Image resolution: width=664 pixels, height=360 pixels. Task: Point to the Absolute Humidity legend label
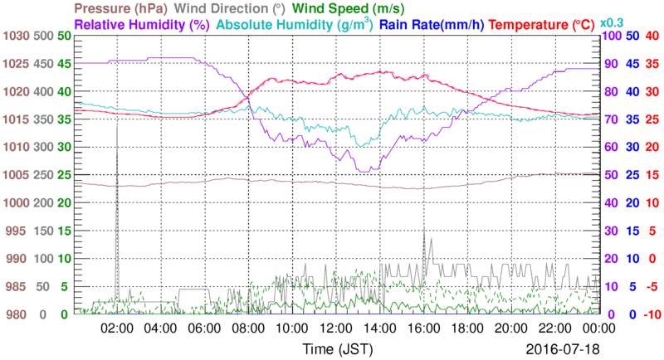tap(293, 24)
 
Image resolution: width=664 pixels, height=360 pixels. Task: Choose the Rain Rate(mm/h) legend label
tap(433, 24)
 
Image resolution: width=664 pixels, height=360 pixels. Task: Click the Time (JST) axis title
tap(337, 346)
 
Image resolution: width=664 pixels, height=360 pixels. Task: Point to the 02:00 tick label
tap(117, 328)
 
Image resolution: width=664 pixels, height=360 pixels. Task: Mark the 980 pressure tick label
tap(17, 314)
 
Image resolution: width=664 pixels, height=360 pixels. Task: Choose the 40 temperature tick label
tap(652, 36)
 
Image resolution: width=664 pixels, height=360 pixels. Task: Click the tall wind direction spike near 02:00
tap(117, 166)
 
